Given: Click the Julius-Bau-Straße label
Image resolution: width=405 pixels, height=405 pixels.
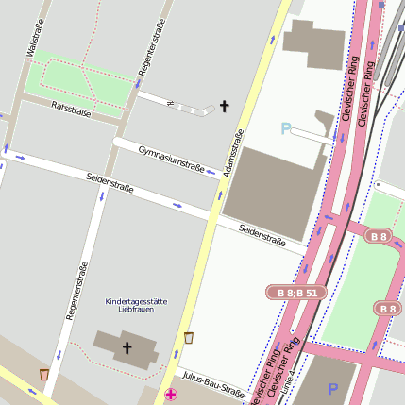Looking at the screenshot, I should [x=213, y=385].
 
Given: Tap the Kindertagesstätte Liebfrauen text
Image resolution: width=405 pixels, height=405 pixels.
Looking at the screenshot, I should [x=136, y=305].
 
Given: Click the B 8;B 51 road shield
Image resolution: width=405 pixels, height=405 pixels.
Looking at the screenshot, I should [x=297, y=294].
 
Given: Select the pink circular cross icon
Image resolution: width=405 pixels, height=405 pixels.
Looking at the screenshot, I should [x=170, y=395].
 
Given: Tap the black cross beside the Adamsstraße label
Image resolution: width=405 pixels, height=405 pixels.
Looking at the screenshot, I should [x=225, y=106].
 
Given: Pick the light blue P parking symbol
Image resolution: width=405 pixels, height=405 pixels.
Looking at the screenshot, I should [x=286, y=128].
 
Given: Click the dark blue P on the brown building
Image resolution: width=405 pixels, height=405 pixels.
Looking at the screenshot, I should [x=332, y=388].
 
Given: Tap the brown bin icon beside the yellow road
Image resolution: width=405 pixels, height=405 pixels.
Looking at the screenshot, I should [x=189, y=337].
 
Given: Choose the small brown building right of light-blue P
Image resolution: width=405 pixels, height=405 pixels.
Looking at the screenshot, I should [x=325, y=122].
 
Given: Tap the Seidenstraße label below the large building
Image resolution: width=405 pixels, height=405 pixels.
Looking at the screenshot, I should [x=262, y=233].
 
